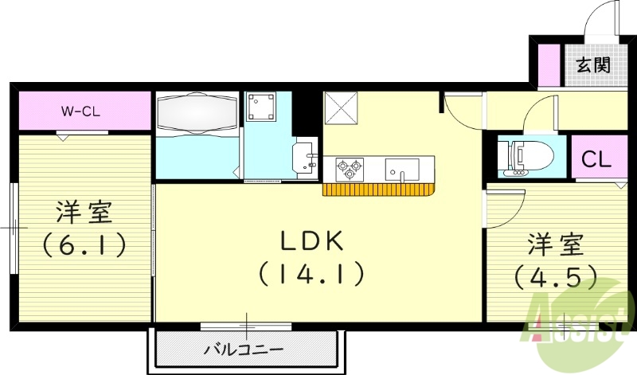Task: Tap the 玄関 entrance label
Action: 593,64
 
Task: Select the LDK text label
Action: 311,240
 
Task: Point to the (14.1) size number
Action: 311,275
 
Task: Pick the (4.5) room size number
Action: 556,275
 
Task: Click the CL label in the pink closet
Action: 596,159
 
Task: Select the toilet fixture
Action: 526,155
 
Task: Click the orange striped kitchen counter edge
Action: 381,189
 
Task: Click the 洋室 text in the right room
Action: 556,244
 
